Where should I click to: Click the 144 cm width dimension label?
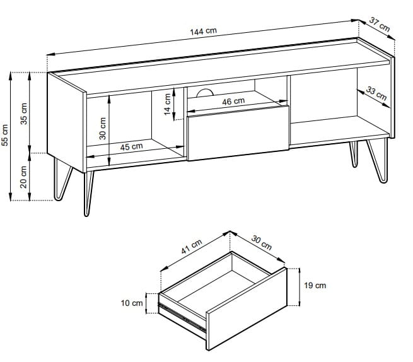click(x=203, y=31)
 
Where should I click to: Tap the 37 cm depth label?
click(x=380, y=24)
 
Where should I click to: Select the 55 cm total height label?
click(x=5, y=135)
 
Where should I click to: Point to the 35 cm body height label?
click(x=24, y=114)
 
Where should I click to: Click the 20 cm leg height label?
click(x=24, y=177)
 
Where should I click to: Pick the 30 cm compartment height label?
click(x=103, y=129)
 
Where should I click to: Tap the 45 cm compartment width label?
click(x=131, y=147)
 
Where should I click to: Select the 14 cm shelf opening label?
click(x=168, y=104)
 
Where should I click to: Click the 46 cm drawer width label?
click(x=233, y=101)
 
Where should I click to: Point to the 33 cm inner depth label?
click(x=376, y=93)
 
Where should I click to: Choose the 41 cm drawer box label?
click(x=192, y=247)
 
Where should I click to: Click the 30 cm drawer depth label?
click(x=262, y=242)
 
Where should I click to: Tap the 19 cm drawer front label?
click(x=315, y=285)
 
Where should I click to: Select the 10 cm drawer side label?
click(x=132, y=303)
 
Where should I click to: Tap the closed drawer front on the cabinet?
click(x=238, y=133)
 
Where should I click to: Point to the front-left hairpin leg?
click(x=89, y=194)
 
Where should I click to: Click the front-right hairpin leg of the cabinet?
click(x=377, y=161)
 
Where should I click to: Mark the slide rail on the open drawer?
click(x=182, y=317)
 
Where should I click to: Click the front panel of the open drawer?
click(x=247, y=308)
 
